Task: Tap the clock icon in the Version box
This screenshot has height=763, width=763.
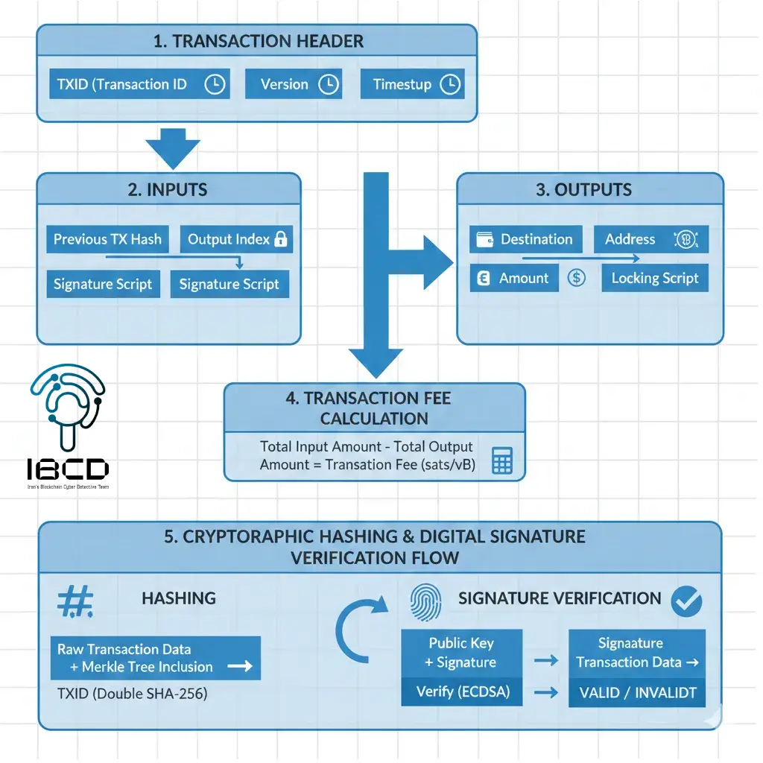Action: [x=329, y=84]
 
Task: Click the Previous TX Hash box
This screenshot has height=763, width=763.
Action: [x=107, y=239]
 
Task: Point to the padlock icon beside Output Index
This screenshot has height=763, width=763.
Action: [x=281, y=239]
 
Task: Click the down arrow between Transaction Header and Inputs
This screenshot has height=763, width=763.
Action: [x=174, y=149]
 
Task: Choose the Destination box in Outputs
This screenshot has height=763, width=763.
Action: [x=526, y=239]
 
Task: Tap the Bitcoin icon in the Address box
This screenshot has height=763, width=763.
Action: [x=684, y=239]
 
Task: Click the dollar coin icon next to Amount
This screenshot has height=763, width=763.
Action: [x=576, y=278]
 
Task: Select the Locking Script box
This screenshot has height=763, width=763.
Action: [x=655, y=278]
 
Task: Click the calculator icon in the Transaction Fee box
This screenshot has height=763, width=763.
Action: [x=502, y=460]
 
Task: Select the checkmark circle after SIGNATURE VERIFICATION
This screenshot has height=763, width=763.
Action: [x=686, y=601]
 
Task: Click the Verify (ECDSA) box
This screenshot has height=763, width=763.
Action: [x=462, y=692]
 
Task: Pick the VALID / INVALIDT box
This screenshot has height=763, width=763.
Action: [x=637, y=693]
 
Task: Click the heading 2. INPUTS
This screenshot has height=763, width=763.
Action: [x=168, y=189]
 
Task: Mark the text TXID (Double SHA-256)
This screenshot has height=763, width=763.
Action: [x=133, y=694]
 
